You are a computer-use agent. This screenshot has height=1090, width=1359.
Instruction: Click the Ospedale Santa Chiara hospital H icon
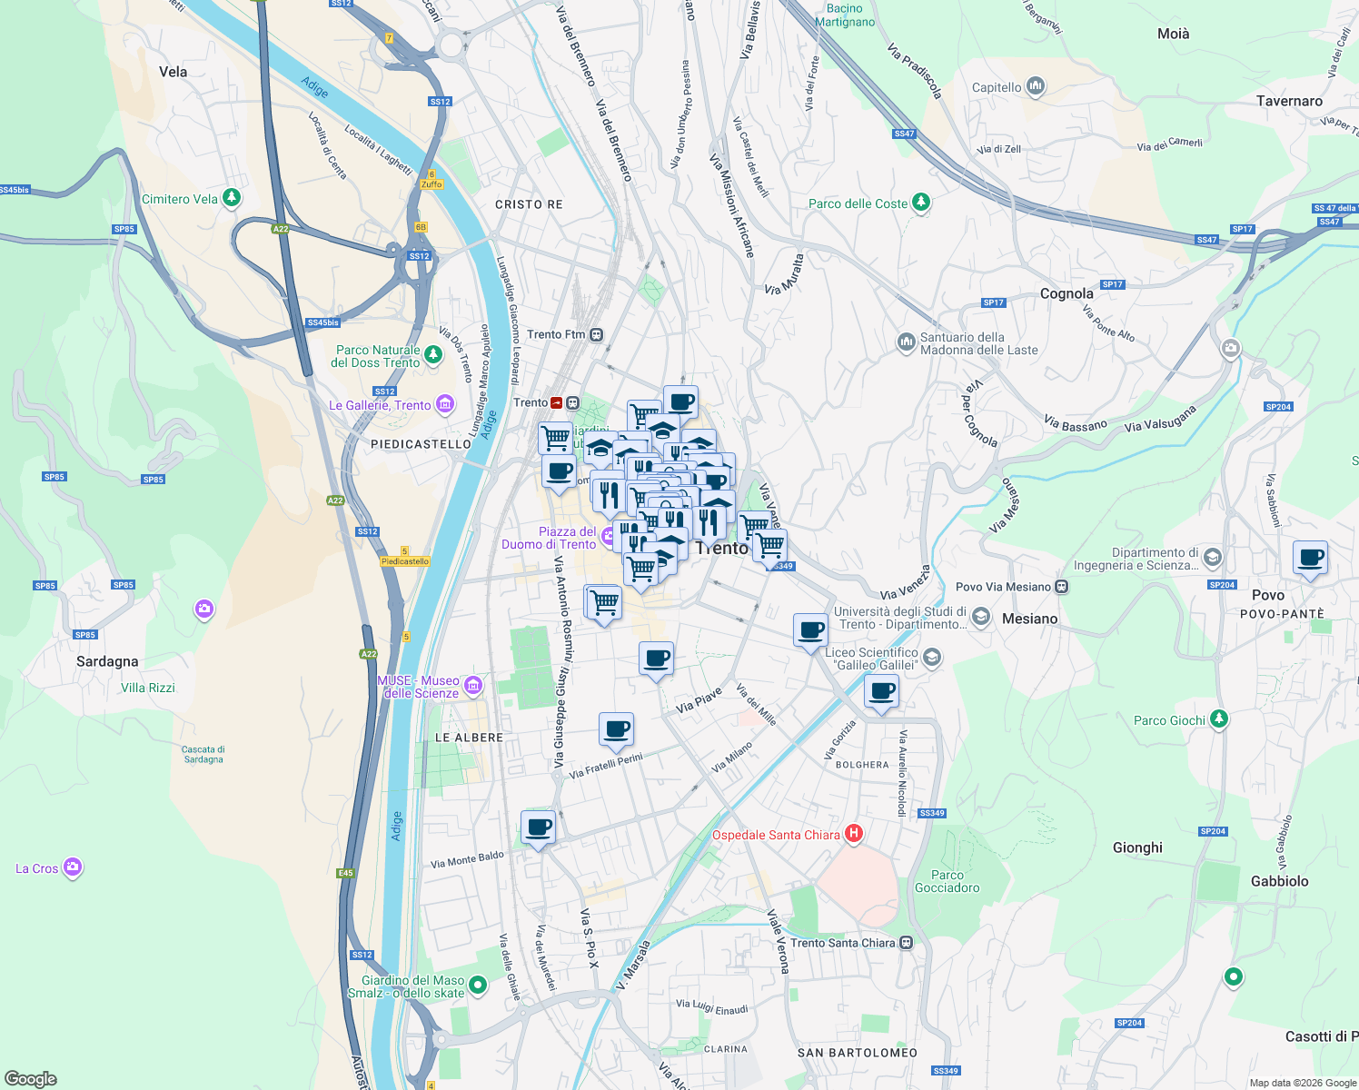tap(853, 834)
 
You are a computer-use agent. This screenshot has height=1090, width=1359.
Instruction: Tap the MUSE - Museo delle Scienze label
tap(420, 687)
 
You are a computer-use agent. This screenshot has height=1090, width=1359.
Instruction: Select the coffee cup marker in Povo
tap(1310, 557)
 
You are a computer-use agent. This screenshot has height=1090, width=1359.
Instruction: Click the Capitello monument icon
tap(1036, 87)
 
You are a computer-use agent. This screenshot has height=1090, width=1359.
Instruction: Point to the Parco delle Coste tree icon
tap(921, 203)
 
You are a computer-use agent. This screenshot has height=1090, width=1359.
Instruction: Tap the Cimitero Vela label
tap(179, 199)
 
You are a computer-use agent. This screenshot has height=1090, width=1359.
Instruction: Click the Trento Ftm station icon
tap(596, 334)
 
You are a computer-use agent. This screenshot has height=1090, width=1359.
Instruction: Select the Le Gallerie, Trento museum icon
tap(445, 405)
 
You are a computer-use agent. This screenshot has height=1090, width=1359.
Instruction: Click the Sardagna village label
tap(107, 661)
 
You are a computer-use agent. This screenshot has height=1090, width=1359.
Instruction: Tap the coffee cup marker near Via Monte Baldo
tap(538, 827)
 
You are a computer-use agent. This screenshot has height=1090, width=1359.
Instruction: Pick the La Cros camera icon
tap(73, 868)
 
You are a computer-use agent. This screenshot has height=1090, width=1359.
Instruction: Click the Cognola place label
tap(1066, 293)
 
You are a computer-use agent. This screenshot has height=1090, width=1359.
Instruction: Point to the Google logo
tap(30, 1079)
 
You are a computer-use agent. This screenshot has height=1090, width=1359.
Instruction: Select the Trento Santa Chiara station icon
tap(906, 943)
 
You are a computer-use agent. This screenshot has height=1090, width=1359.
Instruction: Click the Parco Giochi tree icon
tap(1219, 720)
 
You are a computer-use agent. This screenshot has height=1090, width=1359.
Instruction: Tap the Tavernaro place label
tap(1289, 101)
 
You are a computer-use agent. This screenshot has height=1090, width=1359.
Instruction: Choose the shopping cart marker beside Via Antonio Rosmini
tap(603, 602)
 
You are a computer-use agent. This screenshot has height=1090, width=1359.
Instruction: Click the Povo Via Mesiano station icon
tap(1061, 587)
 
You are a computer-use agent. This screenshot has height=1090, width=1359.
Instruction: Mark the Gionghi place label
tap(1137, 847)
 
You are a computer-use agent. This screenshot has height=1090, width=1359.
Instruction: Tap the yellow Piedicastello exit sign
tap(405, 561)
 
